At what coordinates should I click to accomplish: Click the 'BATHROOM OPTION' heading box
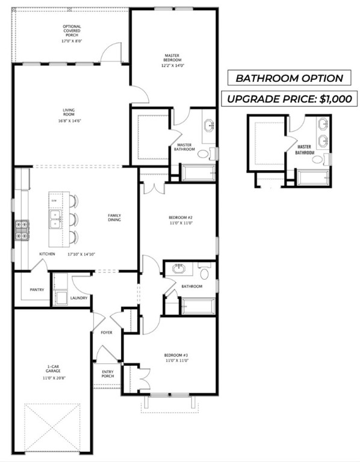point(289,78)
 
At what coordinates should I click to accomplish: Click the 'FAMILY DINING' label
point(114,218)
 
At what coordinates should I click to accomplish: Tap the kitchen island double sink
point(55,218)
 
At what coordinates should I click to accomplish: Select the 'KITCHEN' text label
point(48,254)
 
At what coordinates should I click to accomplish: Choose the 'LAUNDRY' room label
point(79,298)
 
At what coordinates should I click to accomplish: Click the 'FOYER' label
point(106,332)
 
